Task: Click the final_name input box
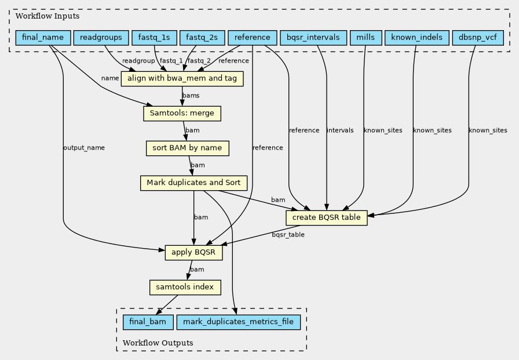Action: pos(42,38)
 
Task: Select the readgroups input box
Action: pos(101,38)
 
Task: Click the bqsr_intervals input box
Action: pos(313,38)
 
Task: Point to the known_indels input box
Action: pos(416,38)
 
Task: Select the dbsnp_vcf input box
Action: pos(477,38)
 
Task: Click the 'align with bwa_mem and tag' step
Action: pos(182,78)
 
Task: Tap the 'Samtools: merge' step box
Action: pos(182,113)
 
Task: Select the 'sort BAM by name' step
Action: pos(187,148)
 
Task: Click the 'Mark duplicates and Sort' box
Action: pos(194,183)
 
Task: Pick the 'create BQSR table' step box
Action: pos(327,217)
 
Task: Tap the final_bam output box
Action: pos(147,321)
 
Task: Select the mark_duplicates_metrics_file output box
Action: pos(239,321)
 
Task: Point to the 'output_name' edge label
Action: pos(84,148)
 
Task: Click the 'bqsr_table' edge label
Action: pos(288,235)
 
